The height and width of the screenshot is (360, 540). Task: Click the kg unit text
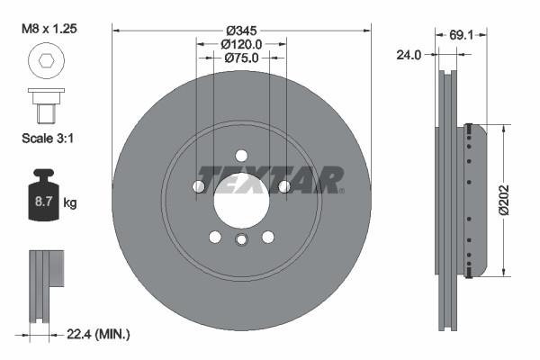point(70,203)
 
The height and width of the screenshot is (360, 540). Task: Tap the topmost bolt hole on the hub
point(241,155)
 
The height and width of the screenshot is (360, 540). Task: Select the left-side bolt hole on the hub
point(199,186)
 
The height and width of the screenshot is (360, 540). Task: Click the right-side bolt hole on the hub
point(283,186)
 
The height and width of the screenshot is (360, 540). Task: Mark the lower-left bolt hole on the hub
point(215,237)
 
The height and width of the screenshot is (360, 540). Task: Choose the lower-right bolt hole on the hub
point(267,237)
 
